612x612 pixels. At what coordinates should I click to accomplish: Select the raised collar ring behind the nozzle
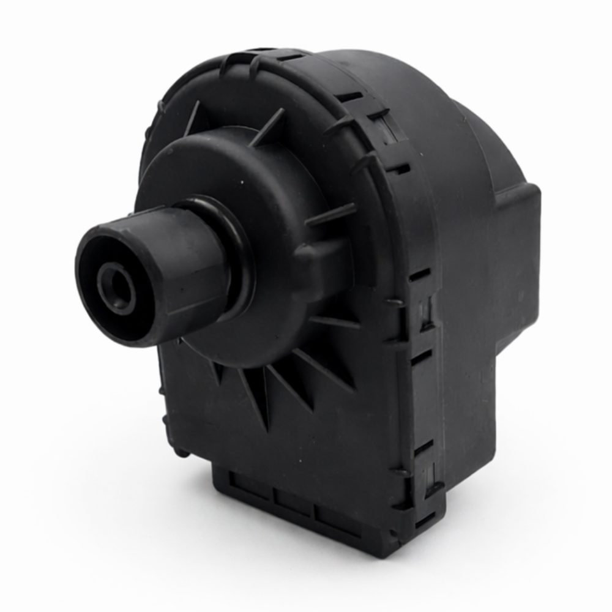point(236,245)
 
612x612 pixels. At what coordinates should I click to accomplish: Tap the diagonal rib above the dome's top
point(269,122)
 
